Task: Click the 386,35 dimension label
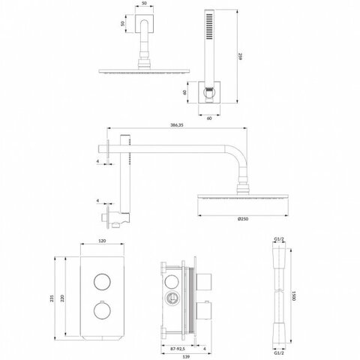pos(177,125)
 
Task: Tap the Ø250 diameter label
pos(243,219)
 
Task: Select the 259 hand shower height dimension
pos(241,56)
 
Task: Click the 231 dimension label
pos(52,298)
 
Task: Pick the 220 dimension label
pos(62,298)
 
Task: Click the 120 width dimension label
pos(102,241)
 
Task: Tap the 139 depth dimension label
pos(186,356)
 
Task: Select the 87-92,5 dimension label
pos(177,348)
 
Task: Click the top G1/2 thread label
pos(279,239)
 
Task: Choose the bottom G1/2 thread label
pos(279,353)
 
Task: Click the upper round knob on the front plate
pos(102,282)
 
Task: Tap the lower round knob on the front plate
pos(102,310)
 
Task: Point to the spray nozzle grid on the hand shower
pos(209,26)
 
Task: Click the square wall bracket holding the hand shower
pos(209,92)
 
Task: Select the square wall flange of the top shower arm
pos(144,23)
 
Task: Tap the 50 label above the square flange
pos(144,4)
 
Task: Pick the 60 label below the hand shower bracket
pos(209,118)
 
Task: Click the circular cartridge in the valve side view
pos(172,298)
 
